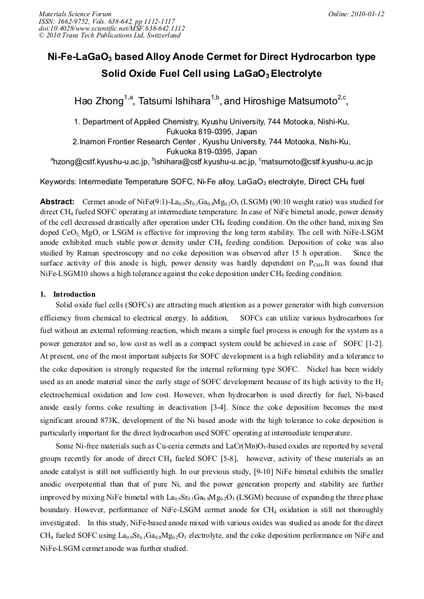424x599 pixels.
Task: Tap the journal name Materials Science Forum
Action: point(75,14)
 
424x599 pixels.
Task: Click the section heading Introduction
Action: point(74,294)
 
